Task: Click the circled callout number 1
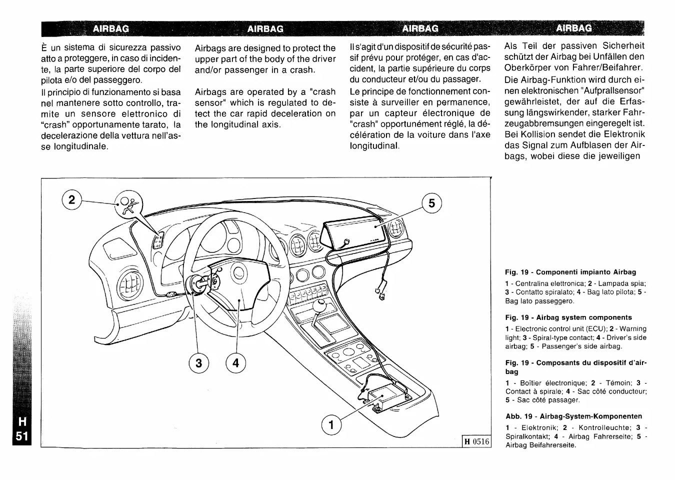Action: coord(330,425)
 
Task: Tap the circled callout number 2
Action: coord(72,200)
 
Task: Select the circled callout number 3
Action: coord(198,363)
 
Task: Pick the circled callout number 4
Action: coord(236,363)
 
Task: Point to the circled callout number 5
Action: coord(432,203)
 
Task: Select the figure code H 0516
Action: coord(477,441)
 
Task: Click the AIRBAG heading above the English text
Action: coord(265,29)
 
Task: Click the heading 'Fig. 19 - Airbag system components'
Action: coord(568,317)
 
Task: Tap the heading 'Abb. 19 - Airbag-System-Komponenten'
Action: coord(573,416)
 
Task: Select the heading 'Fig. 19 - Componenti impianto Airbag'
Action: coord(570,272)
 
